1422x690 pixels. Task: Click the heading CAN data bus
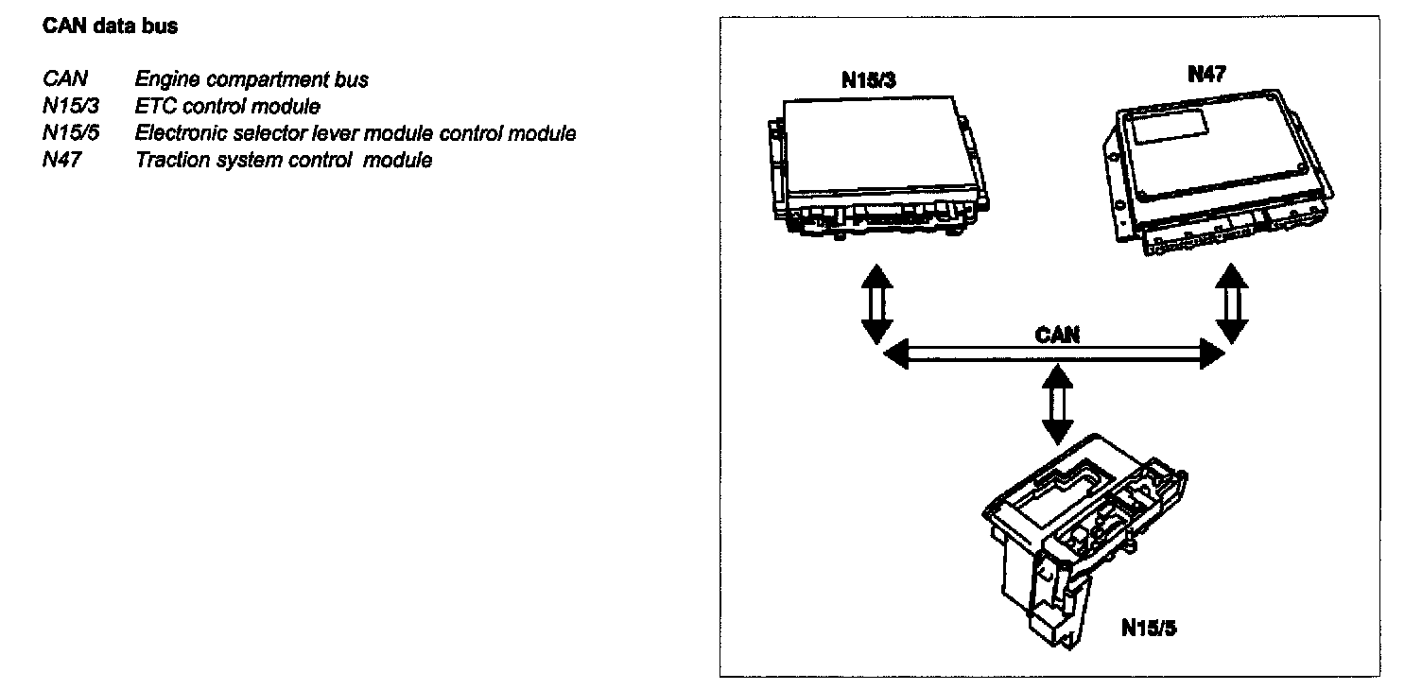pyautogui.click(x=110, y=26)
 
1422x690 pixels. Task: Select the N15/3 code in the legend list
pyautogui.click(x=71, y=106)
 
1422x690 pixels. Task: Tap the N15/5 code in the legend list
pyautogui.click(x=71, y=133)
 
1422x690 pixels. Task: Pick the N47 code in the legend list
pyautogui.click(x=62, y=160)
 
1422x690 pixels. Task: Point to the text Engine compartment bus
pyautogui.click(x=251, y=79)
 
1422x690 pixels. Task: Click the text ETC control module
pyautogui.click(x=228, y=106)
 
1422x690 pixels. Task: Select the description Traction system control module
pyautogui.click(x=284, y=160)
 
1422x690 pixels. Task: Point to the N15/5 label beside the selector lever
pyautogui.click(x=1148, y=628)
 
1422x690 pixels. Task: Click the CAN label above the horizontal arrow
pyautogui.click(x=1056, y=336)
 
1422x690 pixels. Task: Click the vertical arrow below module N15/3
pyautogui.click(x=876, y=303)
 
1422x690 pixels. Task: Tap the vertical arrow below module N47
pyautogui.click(x=1231, y=303)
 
